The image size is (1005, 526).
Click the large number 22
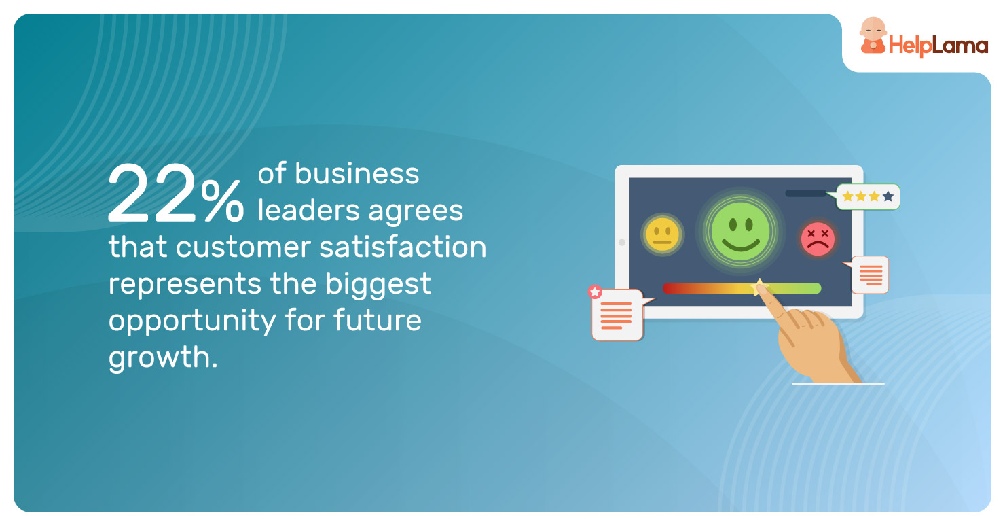[x=152, y=194]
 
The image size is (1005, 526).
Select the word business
[x=357, y=173]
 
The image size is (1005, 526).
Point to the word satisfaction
[x=403, y=247]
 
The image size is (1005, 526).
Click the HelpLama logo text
[x=938, y=46]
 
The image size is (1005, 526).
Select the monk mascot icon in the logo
[x=873, y=36]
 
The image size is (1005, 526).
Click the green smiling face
[x=740, y=231]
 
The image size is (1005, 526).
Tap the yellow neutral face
[x=662, y=234]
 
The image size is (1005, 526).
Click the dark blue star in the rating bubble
[x=888, y=196]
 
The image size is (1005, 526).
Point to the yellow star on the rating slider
[x=759, y=287]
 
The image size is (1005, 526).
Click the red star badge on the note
[x=595, y=292]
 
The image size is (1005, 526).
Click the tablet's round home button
[x=622, y=243]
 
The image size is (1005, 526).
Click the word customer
[x=244, y=247]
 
